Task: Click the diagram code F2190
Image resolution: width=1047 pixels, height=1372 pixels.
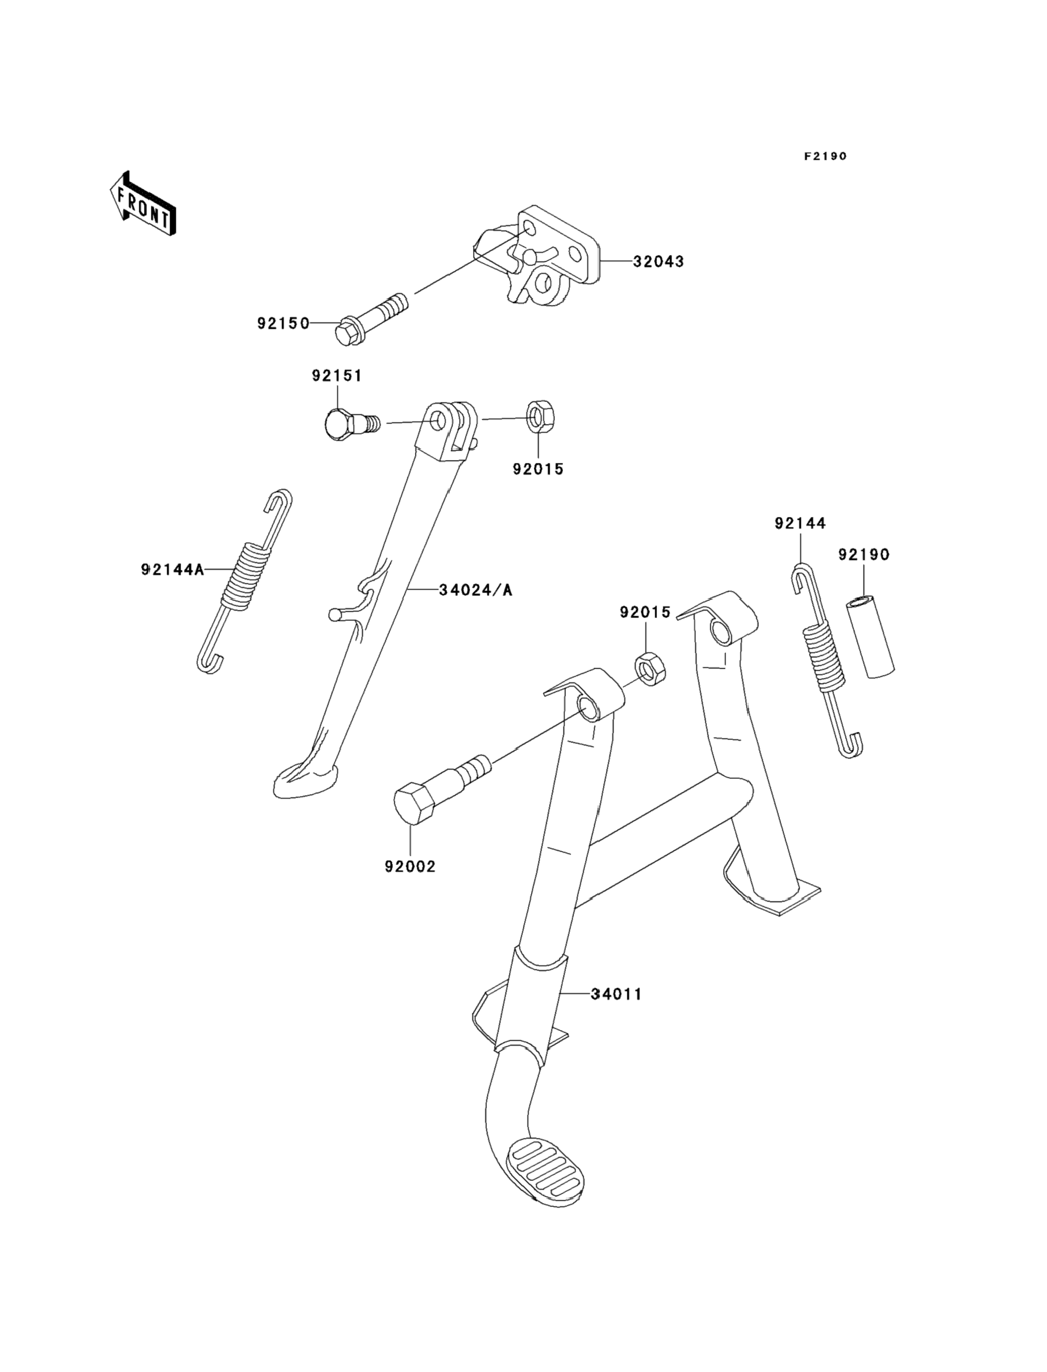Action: (825, 156)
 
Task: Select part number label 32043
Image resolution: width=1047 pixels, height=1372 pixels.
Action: (659, 262)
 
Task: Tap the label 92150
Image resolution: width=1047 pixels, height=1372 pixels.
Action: (284, 324)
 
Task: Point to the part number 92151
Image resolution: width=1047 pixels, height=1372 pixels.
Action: (337, 376)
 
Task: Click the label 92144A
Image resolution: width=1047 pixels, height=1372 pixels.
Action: (172, 569)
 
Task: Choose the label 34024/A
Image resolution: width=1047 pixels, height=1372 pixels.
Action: (475, 590)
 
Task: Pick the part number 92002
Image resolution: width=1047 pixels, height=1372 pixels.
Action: (410, 867)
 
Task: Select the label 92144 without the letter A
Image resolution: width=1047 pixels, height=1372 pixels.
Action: (800, 523)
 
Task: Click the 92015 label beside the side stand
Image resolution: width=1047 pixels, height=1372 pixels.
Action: (539, 469)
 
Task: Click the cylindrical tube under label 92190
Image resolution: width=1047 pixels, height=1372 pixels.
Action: (870, 637)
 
